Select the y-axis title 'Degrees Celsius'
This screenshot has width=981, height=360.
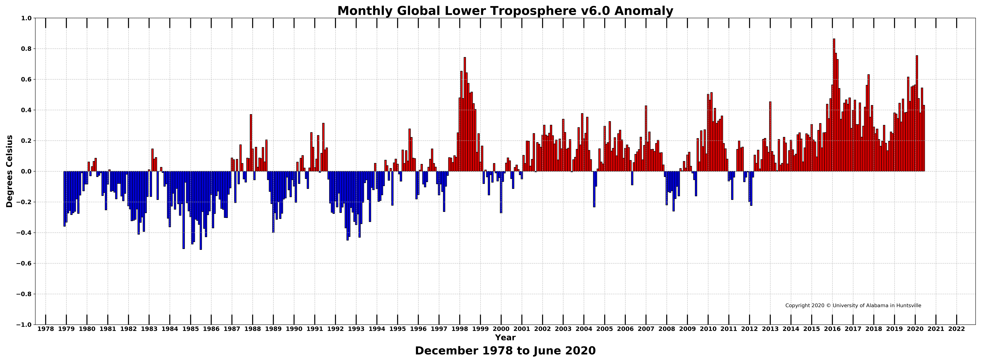pyautogui.click(x=10, y=171)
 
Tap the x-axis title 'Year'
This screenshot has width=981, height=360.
pyautogui.click(x=505, y=338)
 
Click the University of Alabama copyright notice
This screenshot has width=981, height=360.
pyautogui.click(x=853, y=306)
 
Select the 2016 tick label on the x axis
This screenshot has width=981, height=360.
pyautogui.click(x=833, y=329)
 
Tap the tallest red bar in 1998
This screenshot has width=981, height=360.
pyautogui.click(x=465, y=114)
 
